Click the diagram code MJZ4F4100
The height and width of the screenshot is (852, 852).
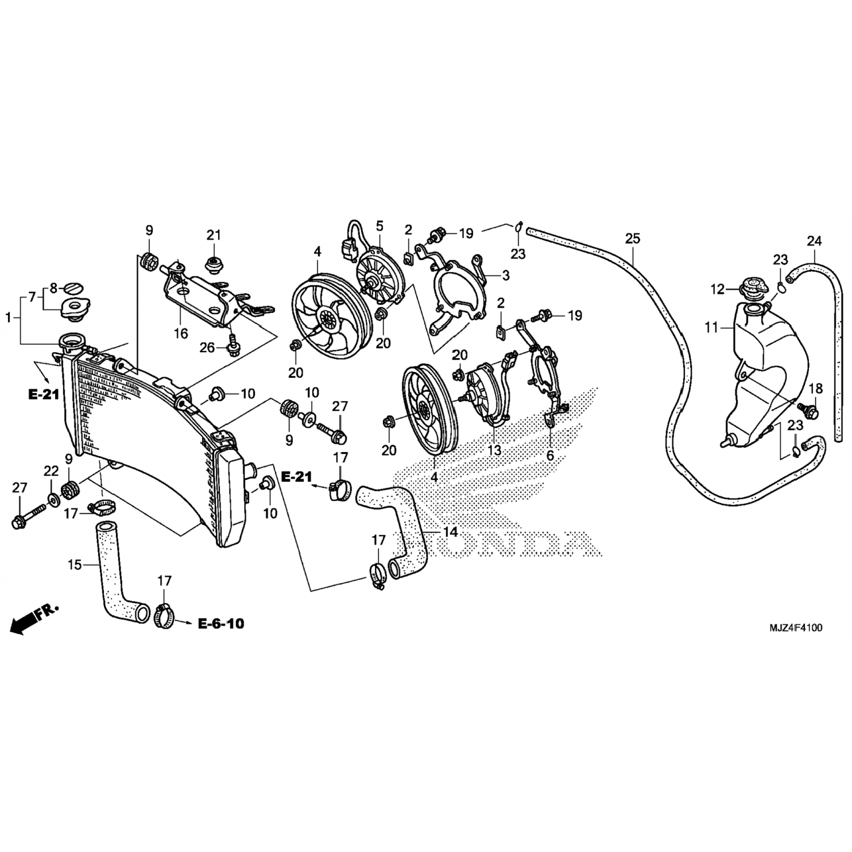(x=795, y=628)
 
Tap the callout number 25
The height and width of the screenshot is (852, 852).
(x=632, y=239)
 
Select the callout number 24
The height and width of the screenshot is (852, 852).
(x=814, y=241)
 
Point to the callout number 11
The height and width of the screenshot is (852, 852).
(x=711, y=328)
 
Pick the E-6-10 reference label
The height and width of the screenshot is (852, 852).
(x=221, y=624)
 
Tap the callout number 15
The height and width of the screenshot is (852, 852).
(x=75, y=565)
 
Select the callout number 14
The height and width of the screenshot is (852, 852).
(x=450, y=532)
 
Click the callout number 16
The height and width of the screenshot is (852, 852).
(x=181, y=333)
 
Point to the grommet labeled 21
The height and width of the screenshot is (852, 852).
(x=213, y=266)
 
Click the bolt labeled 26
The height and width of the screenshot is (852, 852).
(x=233, y=344)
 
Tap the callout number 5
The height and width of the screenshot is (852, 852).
(x=379, y=225)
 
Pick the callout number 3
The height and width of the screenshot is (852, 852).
(x=506, y=275)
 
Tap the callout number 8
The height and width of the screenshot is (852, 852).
(x=53, y=288)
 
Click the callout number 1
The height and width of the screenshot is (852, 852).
(x=9, y=318)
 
